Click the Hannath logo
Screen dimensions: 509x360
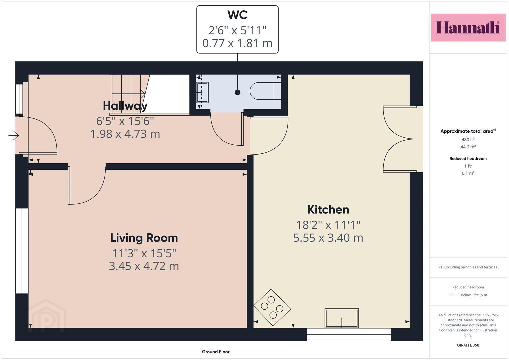(468, 27)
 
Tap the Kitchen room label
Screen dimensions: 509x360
(328, 210)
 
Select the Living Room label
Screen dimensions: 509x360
(144, 238)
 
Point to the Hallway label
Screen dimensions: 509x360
(125, 106)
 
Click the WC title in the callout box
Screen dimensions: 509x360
(237, 15)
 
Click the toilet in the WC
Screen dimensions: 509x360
(265, 91)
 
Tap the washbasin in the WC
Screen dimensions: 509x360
(202, 93)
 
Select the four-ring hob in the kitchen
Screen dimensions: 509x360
(272, 307)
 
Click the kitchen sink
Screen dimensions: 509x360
(342, 318)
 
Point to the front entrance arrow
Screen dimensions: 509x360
(13, 136)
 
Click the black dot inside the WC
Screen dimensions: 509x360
(237, 92)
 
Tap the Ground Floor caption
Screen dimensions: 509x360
(216, 352)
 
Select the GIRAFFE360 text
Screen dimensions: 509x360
(468, 345)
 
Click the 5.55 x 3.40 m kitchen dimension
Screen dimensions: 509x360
(328, 238)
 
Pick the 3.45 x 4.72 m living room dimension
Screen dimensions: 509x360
(144, 266)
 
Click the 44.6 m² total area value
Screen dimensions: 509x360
(468, 147)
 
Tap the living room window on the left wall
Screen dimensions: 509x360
(22, 251)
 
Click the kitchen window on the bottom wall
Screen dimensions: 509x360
(349, 335)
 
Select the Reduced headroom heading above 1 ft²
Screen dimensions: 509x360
(468, 158)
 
